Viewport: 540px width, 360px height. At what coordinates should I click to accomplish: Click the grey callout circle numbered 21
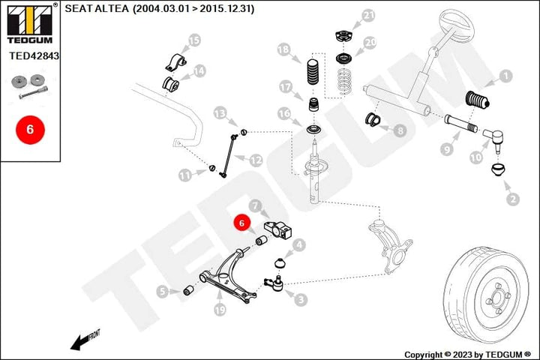coord(368,16)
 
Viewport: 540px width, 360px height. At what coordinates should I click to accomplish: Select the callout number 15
coord(194,40)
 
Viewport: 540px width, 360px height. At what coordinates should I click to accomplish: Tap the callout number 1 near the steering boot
coord(505,76)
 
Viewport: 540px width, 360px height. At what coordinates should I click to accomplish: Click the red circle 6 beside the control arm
coord(241,223)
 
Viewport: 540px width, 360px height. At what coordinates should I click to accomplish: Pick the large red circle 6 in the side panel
coord(30,130)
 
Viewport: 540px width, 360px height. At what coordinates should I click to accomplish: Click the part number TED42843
coord(34,55)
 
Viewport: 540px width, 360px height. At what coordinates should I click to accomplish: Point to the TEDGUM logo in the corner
coord(30,22)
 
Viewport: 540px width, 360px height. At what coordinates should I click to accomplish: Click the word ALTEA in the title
coord(111,8)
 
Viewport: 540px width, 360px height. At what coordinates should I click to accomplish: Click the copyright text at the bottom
coord(468,355)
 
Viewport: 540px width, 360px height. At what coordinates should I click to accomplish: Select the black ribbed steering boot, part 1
coord(477,100)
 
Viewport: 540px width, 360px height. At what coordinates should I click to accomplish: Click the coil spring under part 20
coord(343,81)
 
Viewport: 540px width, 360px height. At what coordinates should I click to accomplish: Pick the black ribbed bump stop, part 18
coord(313,72)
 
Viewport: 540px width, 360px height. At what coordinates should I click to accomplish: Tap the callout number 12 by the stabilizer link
coord(256,160)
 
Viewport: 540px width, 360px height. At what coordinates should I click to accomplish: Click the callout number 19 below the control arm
coord(220,310)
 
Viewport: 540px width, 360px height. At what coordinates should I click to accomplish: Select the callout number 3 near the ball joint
coord(301,299)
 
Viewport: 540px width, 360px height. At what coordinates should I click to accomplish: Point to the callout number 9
coord(447,149)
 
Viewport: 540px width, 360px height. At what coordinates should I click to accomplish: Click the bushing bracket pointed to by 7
coord(278,229)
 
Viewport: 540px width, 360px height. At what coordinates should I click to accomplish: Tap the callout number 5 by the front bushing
coord(163,292)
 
